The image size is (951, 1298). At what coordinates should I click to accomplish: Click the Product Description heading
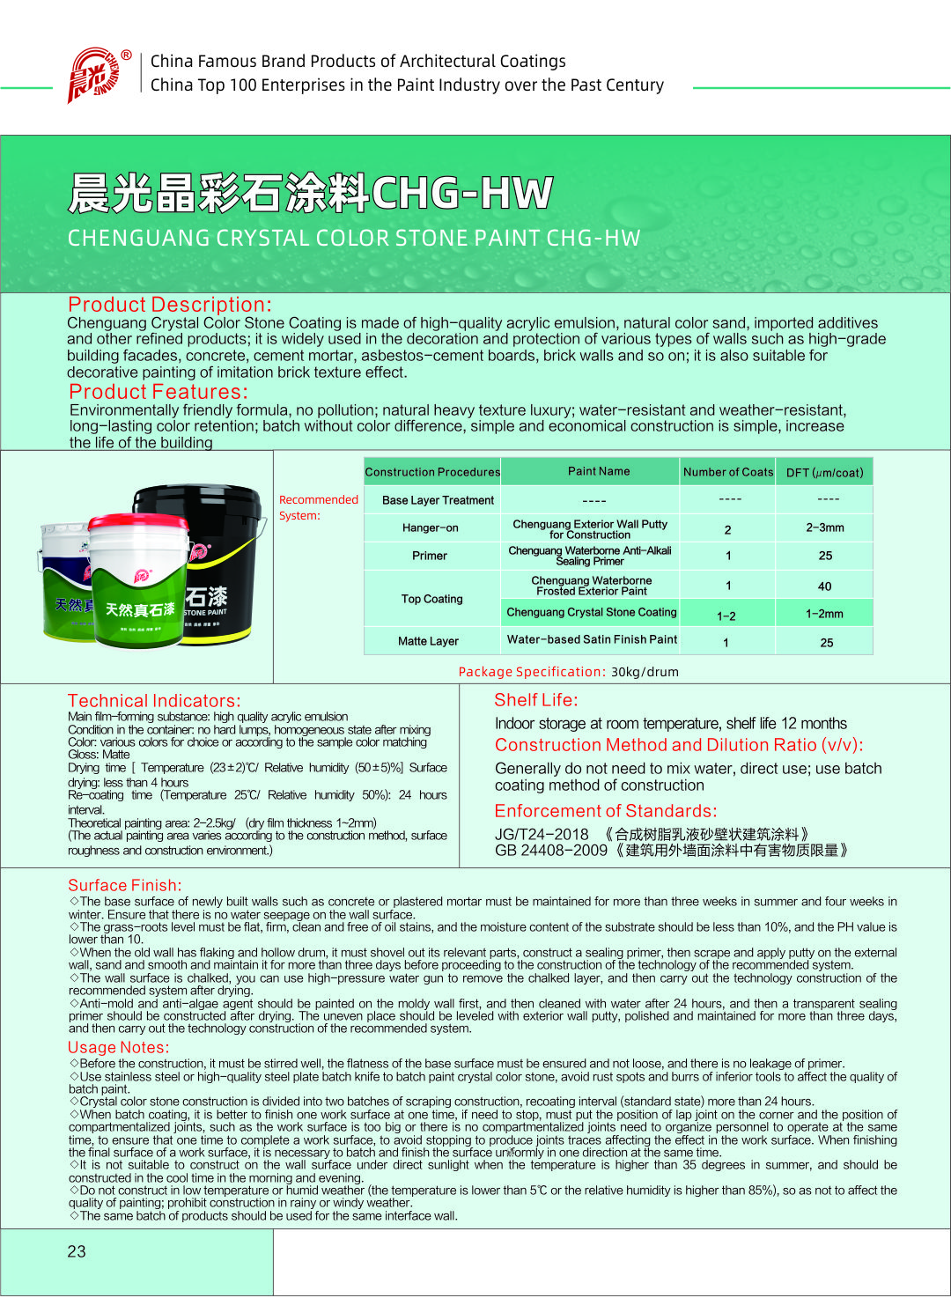170,305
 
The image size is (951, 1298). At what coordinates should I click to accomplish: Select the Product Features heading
158,392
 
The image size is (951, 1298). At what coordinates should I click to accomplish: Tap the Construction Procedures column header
432,472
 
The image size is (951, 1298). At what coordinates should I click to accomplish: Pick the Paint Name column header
599,471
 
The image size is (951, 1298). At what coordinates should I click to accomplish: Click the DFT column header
824,473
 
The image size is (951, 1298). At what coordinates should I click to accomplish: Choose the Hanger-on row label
430,527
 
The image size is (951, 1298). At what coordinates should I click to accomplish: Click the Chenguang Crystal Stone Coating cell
592,612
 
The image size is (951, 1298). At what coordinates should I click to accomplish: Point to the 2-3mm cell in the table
824,527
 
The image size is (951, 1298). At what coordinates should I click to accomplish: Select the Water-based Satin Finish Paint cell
592,639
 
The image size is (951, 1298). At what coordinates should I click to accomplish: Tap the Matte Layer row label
428,641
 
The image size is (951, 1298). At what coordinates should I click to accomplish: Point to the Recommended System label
318,507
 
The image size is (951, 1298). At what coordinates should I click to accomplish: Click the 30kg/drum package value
645,672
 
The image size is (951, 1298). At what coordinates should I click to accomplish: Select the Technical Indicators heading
154,701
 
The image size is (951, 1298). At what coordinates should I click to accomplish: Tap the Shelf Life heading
536,700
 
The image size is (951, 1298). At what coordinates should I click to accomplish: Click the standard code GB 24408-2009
551,851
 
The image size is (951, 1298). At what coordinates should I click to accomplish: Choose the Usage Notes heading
118,1047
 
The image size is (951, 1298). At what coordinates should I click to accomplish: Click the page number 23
77,1251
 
